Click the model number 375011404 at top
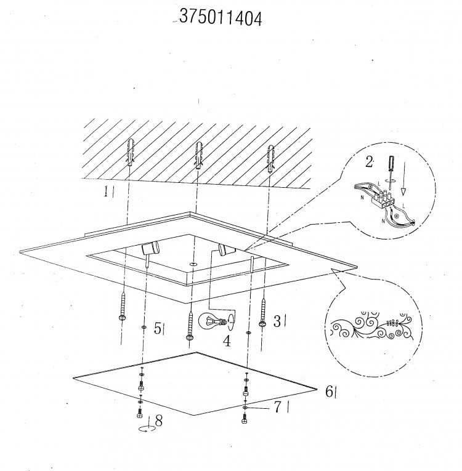(221, 18)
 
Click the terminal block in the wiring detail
(383, 199)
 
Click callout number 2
(369, 162)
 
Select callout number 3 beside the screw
(277, 321)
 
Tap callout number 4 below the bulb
(227, 341)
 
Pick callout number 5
(158, 328)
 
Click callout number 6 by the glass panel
(330, 392)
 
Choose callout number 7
(277, 407)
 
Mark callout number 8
(159, 421)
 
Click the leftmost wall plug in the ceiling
(130, 153)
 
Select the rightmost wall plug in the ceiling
(270, 159)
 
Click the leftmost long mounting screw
(123, 307)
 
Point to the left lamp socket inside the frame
(150, 249)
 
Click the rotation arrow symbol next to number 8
(147, 429)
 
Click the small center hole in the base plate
(193, 264)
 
